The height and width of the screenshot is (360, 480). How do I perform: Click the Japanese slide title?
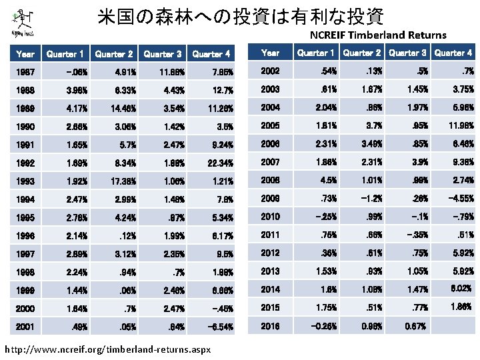pyautogui.click(x=240, y=16)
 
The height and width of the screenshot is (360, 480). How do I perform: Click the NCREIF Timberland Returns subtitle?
pyautogui.click(x=378, y=35)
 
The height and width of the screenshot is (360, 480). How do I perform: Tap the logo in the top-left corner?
pyautogui.click(x=25, y=22)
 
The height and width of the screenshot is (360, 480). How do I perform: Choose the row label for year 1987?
pyautogui.click(x=25, y=72)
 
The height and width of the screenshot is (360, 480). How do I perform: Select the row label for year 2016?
pyautogui.click(x=271, y=327)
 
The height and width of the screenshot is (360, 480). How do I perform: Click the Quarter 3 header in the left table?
pyautogui.click(x=163, y=54)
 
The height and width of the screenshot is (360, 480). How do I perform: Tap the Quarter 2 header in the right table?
pyautogui.click(x=361, y=52)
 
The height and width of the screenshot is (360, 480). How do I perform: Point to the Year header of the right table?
pyautogui.click(x=271, y=52)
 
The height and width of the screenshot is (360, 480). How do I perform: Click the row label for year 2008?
pyautogui.click(x=271, y=179)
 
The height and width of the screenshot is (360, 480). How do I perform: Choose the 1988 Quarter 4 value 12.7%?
pyautogui.click(x=219, y=90)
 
